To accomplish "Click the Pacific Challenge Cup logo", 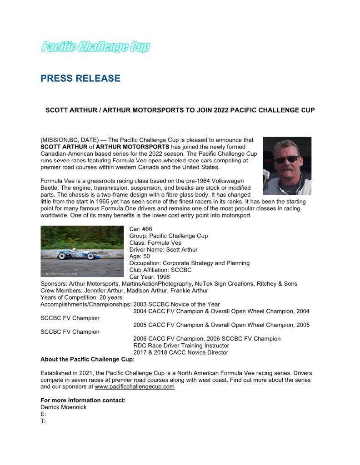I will [95, 46].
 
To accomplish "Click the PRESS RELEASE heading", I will [80, 79].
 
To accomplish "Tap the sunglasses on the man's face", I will [286, 159].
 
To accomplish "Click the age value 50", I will [146, 256].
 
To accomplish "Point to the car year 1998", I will [162, 277].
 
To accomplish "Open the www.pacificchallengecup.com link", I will [135, 387].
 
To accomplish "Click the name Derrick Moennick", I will [64, 407].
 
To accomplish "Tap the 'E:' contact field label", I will [43, 414].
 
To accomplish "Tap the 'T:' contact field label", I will [43, 420].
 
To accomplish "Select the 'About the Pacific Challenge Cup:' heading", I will [88, 360].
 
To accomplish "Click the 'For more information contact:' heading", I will [83, 400].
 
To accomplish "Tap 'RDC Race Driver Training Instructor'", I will [181, 346].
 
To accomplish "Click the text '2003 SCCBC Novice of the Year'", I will [176, 304].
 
